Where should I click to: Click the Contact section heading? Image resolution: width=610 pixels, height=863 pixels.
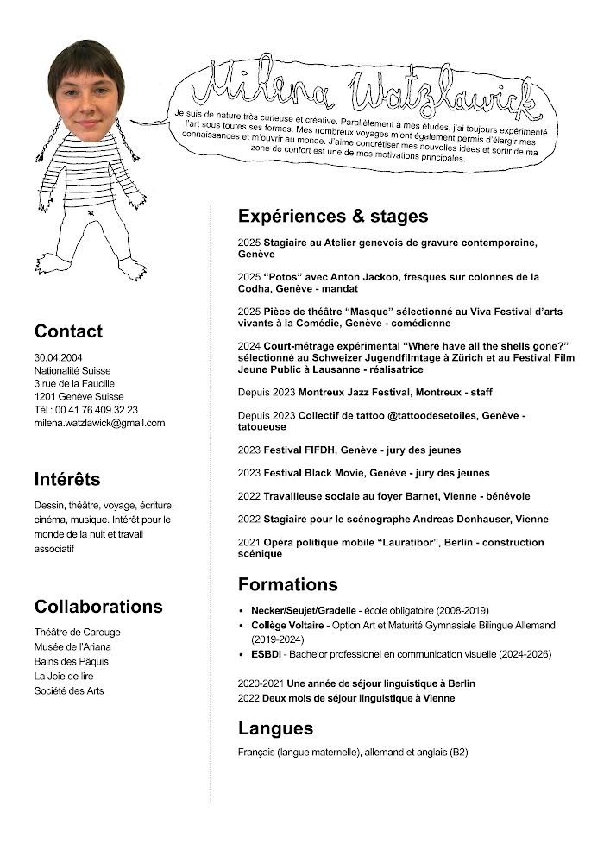tap(68, 331)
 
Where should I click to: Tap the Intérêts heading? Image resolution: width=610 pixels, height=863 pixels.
tap(67, 479)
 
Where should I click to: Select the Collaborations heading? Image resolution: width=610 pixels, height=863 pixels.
tap(98, 606)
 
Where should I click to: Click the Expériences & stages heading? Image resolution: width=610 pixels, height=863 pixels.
tap(333, 216)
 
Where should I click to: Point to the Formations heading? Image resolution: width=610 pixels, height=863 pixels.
tap(288, 584)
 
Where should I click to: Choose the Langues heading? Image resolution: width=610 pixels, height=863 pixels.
tap(275, 728)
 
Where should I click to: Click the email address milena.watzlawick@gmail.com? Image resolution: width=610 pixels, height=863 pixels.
tap(99, 423)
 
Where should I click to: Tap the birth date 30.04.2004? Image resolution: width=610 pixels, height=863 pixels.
tap(59, 356)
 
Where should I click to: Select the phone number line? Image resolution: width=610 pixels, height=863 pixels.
tap(86, 410)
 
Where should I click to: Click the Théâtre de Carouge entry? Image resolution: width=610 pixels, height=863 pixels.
tap(78, 632)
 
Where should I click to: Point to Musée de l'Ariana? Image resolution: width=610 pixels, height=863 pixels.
tap(72, 646)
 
